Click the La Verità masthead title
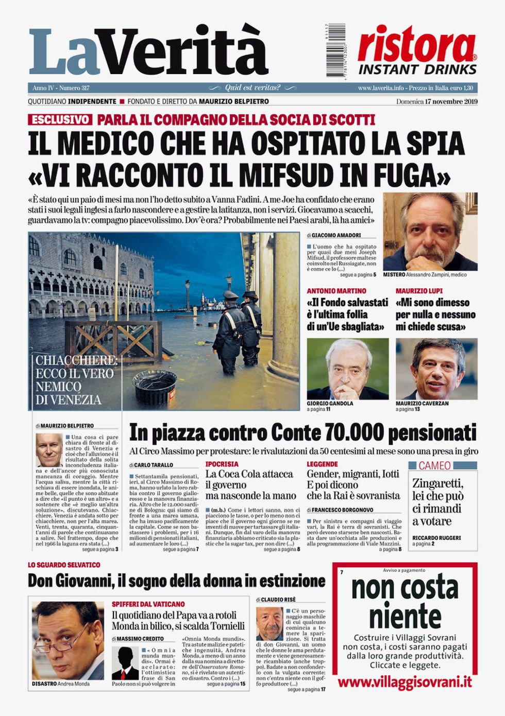[148, 51]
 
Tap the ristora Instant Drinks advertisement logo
[417, 50]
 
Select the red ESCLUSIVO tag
[60, 120]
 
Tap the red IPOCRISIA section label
[222, 464]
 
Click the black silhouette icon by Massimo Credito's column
[125, 662]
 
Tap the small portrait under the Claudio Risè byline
[270, 623]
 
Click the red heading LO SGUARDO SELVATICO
[64, 565]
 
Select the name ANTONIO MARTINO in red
[336, 291]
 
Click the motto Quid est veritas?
[252, 88]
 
